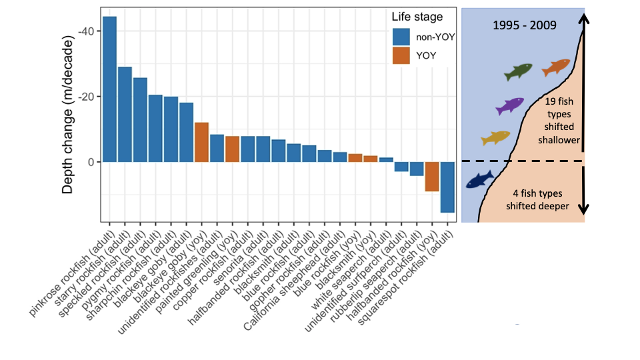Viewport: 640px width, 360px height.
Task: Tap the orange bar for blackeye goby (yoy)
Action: pyautogui.click(x=201, y=142)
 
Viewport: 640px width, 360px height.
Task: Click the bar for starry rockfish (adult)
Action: pyautogui.click(x=125, y=114)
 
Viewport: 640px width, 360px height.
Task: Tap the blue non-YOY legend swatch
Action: pyautogui.click(x=401, y=37)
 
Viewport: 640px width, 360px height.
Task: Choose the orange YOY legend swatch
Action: pyautogui.click(x=401, y=55)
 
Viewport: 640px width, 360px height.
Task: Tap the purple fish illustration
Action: pyautogui.click(x=510, y=105)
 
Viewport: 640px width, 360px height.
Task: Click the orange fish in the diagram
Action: pyautogui.click(x=556, y=67)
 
